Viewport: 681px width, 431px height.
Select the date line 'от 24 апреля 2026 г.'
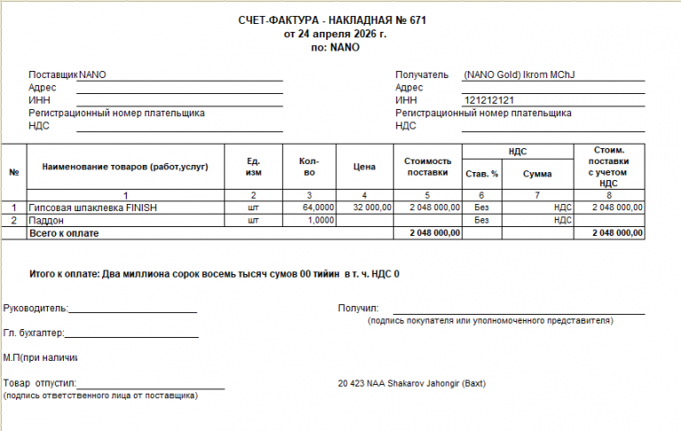click(335, 34)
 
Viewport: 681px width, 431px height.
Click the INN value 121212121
click(489, 101)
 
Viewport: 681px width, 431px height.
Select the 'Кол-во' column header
click(309, 167)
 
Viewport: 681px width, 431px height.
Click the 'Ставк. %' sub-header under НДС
click(481, 174)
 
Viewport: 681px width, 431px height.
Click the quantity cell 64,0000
click(318, 207)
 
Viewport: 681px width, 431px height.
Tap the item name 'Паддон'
click(44, 219)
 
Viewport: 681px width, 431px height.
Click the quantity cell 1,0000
click(320, 219)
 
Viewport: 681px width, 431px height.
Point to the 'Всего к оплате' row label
click(64, 232)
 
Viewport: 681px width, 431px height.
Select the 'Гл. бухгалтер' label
click(34, 333)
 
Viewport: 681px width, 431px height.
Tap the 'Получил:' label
click(358, 308)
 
